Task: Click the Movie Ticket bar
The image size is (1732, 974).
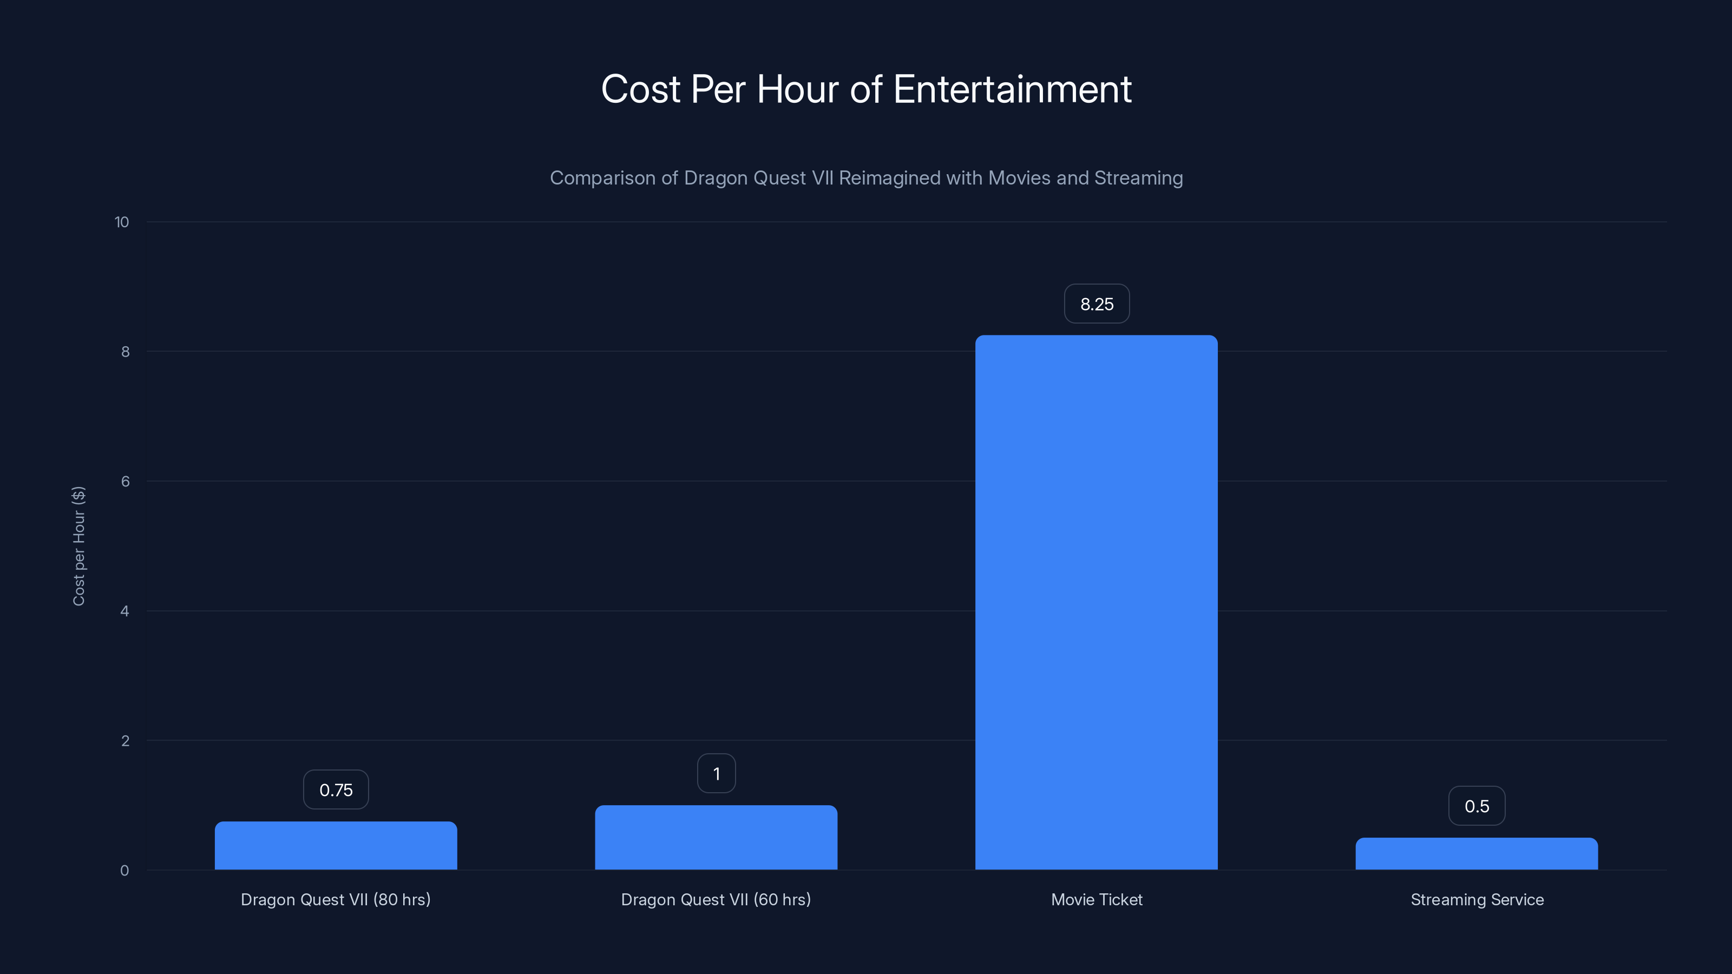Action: click(1096, 602)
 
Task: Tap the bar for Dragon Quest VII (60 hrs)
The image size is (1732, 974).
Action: click(716, 837)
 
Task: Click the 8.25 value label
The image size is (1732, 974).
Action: click(1097, 304)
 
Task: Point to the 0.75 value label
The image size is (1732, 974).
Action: click(336, 790)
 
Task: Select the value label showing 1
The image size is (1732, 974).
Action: click(716, 774)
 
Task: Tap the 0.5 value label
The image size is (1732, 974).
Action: click(1477, 806)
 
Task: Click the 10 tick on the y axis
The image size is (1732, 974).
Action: click(122, 222)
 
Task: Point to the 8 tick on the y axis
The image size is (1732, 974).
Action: click(125, 352)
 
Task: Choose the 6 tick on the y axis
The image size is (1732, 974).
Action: click(125, 481)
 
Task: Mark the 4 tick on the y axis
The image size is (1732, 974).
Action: click(124, 611)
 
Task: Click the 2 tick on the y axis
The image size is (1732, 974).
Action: click(125, 741)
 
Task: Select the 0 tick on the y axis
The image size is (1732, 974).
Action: click(124, 871)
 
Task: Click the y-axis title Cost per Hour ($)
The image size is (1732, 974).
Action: click(78, 546)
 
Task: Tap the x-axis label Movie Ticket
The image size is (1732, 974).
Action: click(1097, 899)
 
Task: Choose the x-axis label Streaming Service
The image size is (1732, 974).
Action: click(1477, 899)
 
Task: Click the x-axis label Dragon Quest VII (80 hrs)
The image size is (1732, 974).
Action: click(336, 899)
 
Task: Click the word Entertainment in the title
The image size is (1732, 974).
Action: click(1012, 89)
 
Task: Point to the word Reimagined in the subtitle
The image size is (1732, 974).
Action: click(889, 178)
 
